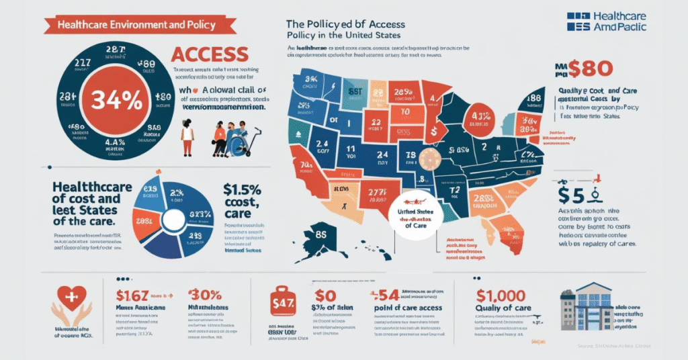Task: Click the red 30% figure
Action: click(206, 295)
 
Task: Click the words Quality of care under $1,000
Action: click(503, 308)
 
